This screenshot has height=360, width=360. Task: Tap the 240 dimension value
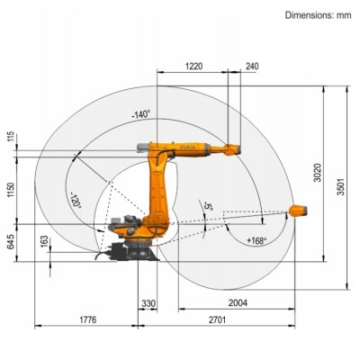coord(251,66)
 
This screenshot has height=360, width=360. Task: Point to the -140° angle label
coord(140,114)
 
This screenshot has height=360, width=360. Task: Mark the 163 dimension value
coord(44,242)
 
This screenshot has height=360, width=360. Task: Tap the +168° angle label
coord(256,240)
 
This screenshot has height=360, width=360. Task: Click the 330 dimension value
coord(148,303)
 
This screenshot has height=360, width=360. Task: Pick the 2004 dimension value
coord(238,303)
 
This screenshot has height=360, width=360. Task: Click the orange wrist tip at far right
coord(301,212)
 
